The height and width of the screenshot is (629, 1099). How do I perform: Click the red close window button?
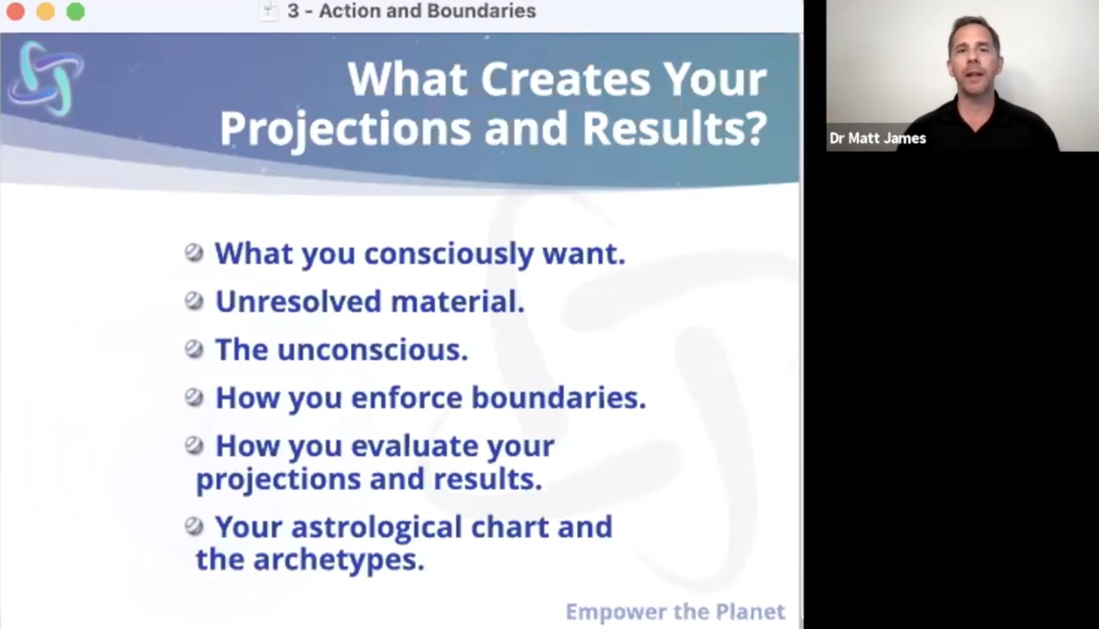pos(16,11)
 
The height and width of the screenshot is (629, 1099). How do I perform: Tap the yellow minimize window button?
pos(46,11)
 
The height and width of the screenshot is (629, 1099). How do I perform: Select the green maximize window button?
pos(76,11)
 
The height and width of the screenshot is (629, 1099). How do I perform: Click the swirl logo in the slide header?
pos(46,78)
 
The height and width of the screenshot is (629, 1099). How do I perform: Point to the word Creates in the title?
pos(565,80)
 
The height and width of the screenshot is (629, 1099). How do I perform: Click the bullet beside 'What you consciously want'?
pos(194,253)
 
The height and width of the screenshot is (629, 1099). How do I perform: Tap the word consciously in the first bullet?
pos(448,254)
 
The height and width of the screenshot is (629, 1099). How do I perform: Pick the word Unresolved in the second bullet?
pos(298,301)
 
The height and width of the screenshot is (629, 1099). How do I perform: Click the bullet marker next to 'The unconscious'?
pos(194,349)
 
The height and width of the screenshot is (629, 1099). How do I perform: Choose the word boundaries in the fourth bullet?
pos(558,397)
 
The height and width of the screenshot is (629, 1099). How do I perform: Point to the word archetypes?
pos(338,560)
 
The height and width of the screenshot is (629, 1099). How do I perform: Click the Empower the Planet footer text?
pos(675,612)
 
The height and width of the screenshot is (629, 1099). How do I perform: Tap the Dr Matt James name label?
pos(878,138)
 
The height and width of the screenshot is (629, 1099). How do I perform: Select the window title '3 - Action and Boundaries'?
pos(412,11)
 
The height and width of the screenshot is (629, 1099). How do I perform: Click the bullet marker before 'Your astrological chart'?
pos(194,526)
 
